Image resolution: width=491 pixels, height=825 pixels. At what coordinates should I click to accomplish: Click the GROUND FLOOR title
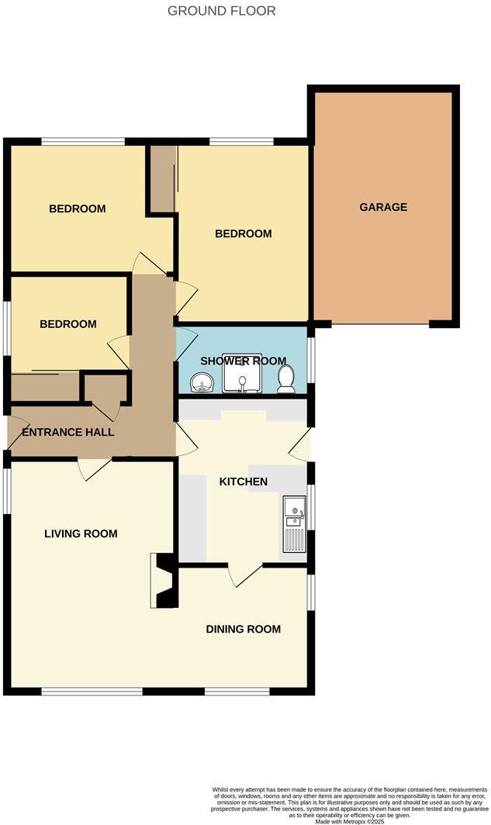221,11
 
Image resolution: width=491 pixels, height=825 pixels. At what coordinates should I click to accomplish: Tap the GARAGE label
383,207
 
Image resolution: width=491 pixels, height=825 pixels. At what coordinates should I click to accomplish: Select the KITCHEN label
244,482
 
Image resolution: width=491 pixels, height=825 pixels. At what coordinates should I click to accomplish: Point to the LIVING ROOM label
81,533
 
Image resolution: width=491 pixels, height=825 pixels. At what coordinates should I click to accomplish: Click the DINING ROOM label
243,629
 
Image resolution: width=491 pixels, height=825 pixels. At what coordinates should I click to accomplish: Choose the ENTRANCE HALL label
68,432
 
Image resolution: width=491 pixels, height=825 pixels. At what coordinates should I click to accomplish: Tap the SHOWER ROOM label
243,361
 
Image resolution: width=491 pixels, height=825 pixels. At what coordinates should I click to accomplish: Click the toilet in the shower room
286,378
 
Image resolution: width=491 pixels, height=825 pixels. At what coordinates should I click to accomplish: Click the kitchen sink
295,523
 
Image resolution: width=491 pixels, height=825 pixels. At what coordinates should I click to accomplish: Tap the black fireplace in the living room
164,580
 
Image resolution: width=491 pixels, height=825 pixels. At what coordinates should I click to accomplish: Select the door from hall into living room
95,468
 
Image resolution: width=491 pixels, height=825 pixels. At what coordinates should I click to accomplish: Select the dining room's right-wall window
310,593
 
